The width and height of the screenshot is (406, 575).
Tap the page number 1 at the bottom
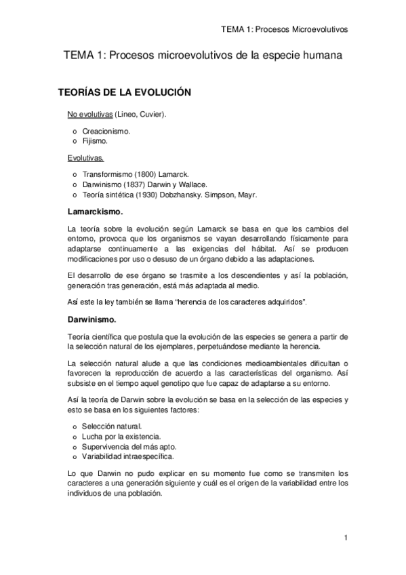point(346,538)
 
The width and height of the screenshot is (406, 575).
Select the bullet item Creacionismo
point(106,130)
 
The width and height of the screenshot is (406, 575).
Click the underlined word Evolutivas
point(85,158)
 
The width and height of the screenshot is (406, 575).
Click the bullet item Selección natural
point(112,426)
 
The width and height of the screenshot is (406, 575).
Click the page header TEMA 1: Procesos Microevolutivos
point(284,30)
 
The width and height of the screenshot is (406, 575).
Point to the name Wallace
point(191,184)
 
